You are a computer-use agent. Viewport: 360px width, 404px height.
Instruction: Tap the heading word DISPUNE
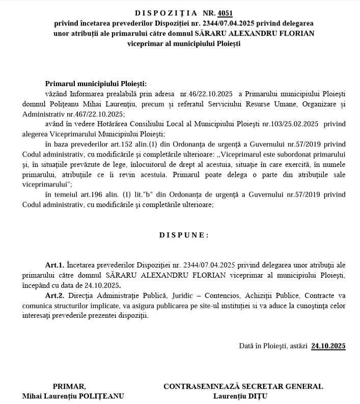[184, 235]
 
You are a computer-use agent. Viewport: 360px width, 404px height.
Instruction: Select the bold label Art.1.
[54, 265]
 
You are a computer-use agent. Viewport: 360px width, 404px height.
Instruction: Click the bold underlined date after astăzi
[328, 346]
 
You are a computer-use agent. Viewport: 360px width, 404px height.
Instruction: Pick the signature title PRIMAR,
[70, 386]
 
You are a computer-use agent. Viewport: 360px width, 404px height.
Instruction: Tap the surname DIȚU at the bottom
[258, 396]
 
